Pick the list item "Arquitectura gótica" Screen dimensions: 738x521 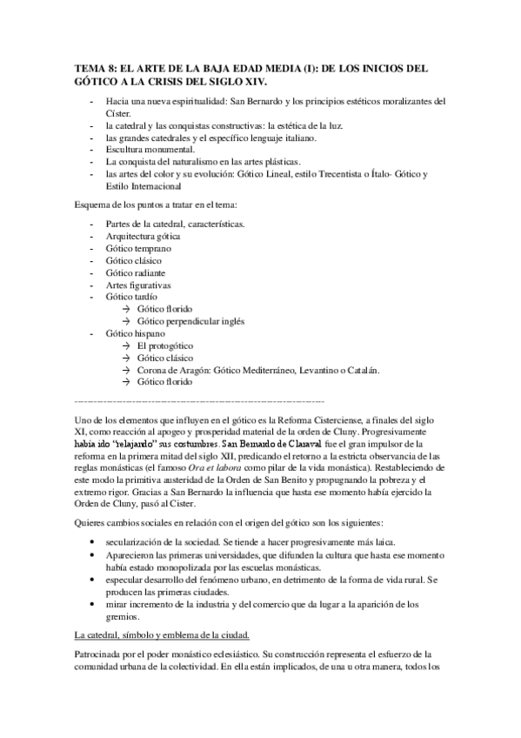point(146,236)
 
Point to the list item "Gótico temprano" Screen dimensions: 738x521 point(139,248)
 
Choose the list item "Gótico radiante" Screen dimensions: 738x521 point(137,272)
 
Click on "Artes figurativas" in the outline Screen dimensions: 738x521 point(138,285)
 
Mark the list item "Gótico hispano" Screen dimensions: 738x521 point(135,332)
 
